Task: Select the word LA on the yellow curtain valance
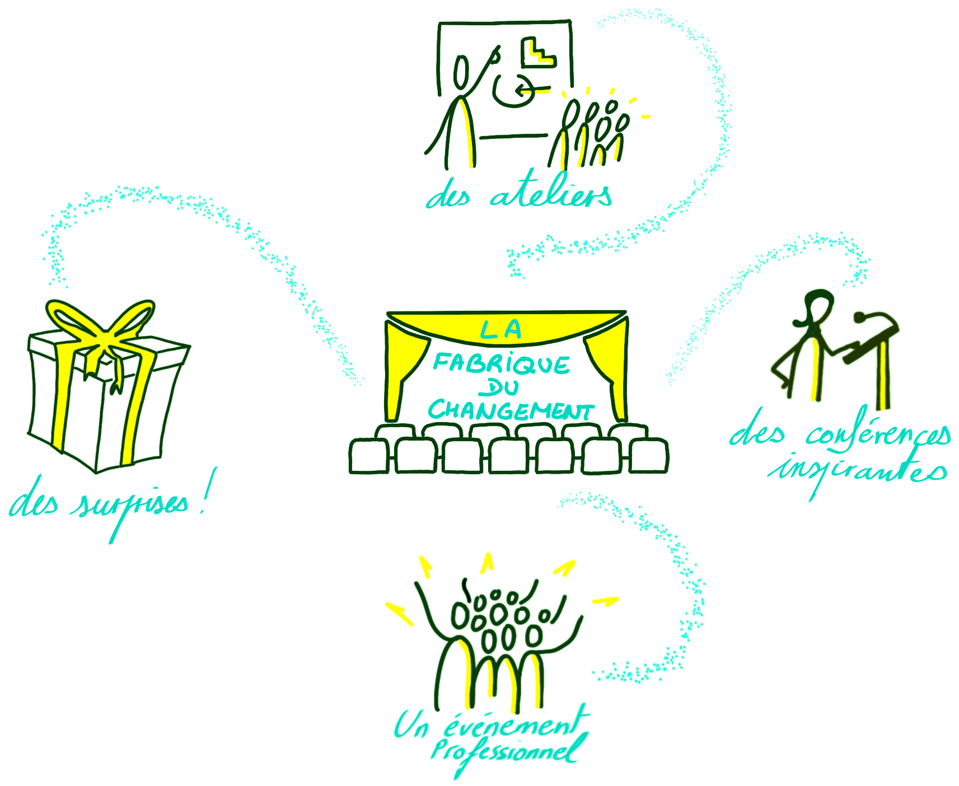[x=500, y=329]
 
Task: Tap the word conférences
[x=878, y=434]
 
